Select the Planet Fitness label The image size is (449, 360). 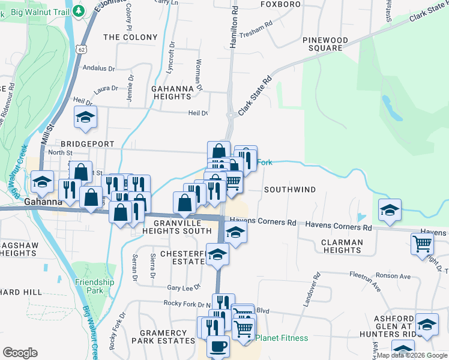coord(282,338)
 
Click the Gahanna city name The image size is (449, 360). coord(43,202)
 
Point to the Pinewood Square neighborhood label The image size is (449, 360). coord(325,44)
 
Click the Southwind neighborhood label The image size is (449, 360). coord(290,190)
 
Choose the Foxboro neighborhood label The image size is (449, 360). coord(280,4)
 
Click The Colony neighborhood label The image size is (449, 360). coord(130,37)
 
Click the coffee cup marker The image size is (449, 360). coord(217,346)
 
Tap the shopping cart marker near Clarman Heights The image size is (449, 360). coord(423,244)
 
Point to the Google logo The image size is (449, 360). coord(20,353)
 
